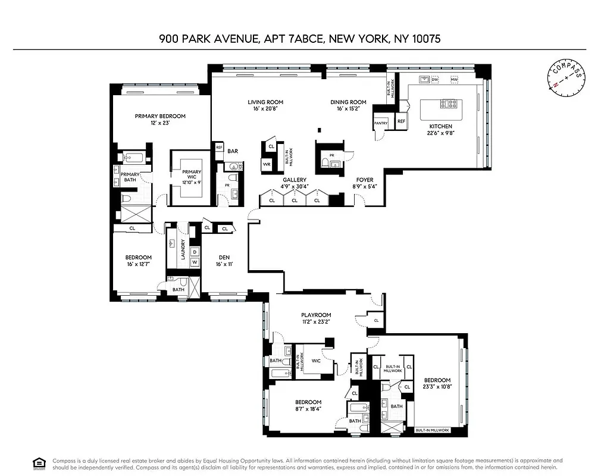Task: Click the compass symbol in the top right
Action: pyautogui.click(x=566, y=78)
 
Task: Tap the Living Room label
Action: pyautogui.click(x=265, y=102)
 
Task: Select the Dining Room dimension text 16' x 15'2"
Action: pyautogui.click(x=348, y=109)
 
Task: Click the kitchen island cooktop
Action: pyautogui.click(x=449, y=104)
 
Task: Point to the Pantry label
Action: pyautogui.click(x=380, y=123)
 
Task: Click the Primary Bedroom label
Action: pyautogui.click(x=160, y=116)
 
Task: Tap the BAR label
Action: pyautogui.click(x=233, y=151)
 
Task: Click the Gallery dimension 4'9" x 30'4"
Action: pyautogui.click(x=295, y=186)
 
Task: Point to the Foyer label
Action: pyautogui.click(x=365, y=180)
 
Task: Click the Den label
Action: pyautogui.click(x=224, y=257)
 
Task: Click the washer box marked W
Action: pyautogui.click(x=195, y=262)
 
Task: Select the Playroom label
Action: pyautogui.click(x=315, y=315)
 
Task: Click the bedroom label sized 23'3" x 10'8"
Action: pyautogui.click(x=437, y=380)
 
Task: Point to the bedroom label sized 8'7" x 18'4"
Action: pyautogui.click(x=308, y=402)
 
